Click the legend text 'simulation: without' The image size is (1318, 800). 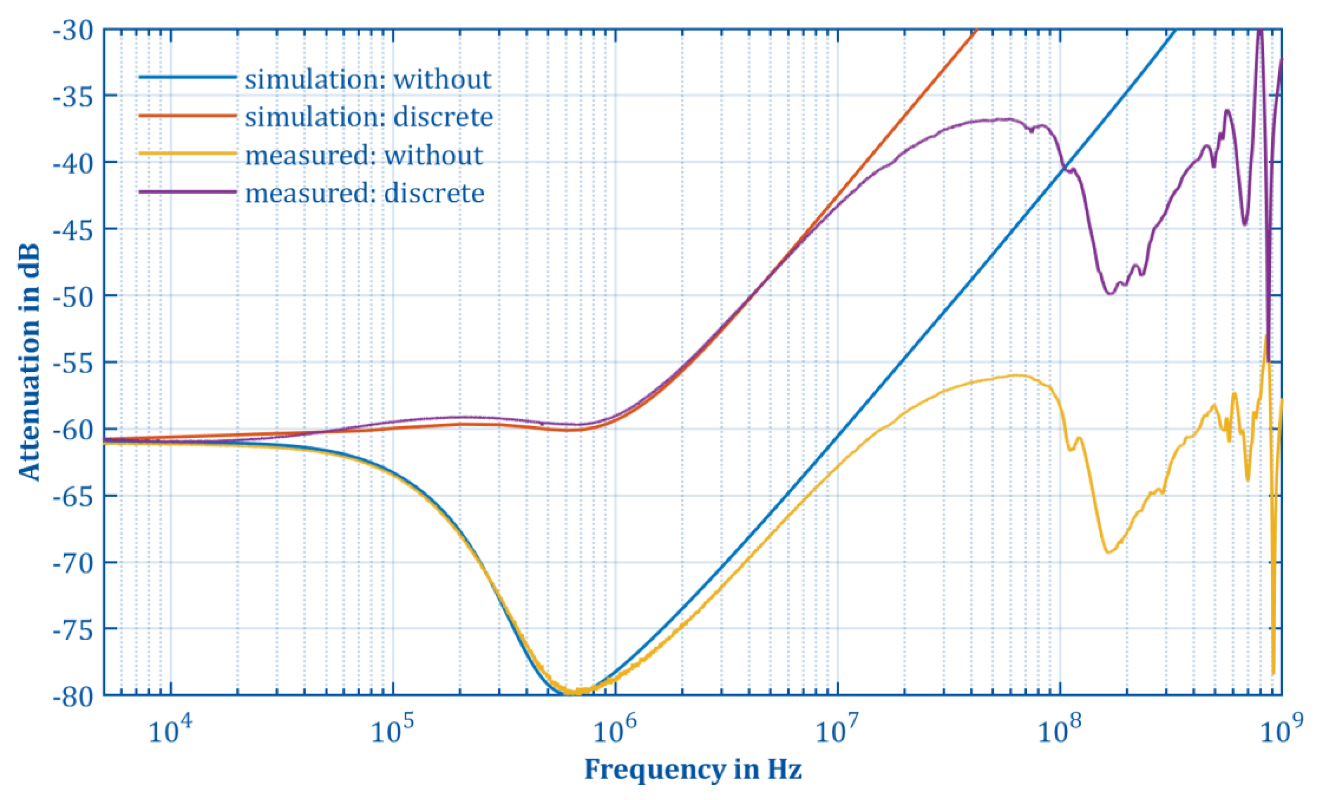[x=368, y=80]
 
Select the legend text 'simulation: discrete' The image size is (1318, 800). [x=369, y=117]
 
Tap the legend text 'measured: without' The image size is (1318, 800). [x=364, y=155]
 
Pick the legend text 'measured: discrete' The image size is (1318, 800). [x=365, y=193]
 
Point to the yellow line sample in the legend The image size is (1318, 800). [x=187, y=154]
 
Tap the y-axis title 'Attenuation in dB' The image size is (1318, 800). [x=29, y=362]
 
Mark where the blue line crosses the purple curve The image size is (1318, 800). [x=1065, y=167]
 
